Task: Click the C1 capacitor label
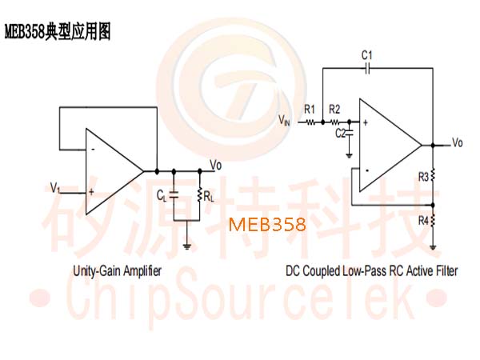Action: [366, 55]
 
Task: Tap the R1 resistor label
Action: [310, 109]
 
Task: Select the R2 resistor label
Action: [334, 109]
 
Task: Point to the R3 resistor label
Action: [423, 177]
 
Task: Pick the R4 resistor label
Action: [423, 221]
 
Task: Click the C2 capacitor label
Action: [341, 133]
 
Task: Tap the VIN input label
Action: [284, 120]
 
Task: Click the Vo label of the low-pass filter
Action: [458, 142]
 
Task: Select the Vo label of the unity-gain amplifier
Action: [216, 166]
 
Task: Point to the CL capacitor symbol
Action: [174, 195]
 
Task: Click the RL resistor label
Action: [209, 197]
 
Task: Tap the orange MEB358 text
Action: [267, 224]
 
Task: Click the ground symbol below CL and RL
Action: [186, 246]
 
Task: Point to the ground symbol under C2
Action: [349, 156]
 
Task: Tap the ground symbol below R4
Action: [433, 247]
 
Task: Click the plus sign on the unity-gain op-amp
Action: [91, 192]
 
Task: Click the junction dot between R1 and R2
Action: [322, 122]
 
